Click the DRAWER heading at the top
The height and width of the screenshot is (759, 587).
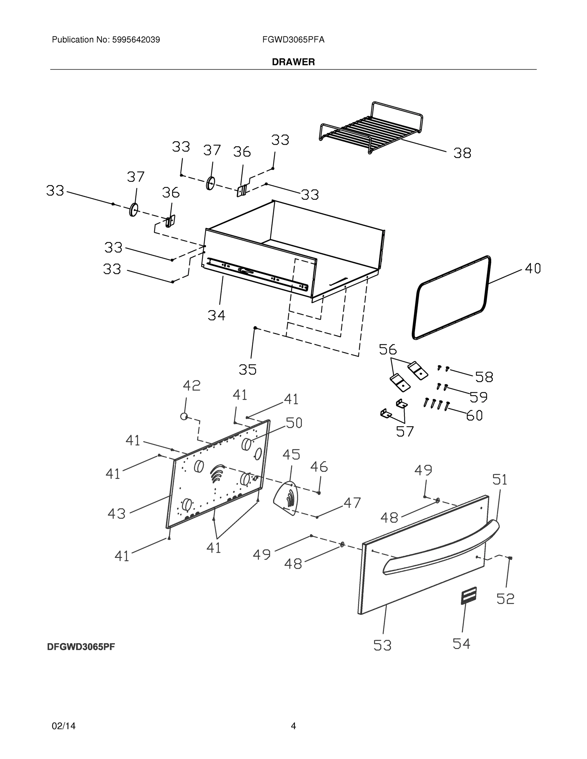pos(293,62)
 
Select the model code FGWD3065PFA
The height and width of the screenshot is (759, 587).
pos(293,40)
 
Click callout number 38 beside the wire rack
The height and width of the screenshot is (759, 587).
pos(462,153)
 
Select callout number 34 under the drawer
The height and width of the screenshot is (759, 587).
pos(216,315)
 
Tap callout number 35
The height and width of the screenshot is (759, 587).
pos(247,369)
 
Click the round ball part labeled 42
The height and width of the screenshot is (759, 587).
pos(184,416)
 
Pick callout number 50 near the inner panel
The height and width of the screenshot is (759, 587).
pos(294,423)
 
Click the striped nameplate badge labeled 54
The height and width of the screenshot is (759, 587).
pos(468,596)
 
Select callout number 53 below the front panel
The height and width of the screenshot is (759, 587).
pos(382,645)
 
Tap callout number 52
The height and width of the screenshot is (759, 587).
pos(505,598)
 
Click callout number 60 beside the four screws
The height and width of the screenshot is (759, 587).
pos(474,415)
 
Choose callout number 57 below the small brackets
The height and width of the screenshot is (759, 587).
pos(405,432)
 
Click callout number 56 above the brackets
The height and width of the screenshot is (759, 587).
pos(387,349)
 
